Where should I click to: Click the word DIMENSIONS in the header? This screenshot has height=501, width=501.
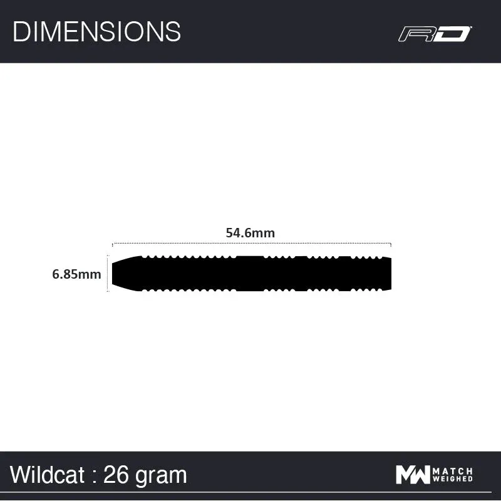click(96, 31)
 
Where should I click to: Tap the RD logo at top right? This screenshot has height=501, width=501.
click(435, 33)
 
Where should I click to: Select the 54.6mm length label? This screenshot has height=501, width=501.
click(250, 232)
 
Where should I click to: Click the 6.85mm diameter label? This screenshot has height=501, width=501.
click(76, 274)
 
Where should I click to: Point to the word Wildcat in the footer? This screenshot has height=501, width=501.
click(47, 475)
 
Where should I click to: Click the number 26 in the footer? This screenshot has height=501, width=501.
click(116, 475)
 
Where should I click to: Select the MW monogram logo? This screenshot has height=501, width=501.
click(413, 475)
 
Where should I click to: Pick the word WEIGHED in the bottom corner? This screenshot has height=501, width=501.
click(453, 480)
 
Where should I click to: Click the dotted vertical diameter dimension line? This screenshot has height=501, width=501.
click(108, 274)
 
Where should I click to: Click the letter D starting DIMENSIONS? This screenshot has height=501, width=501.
click(21, 31)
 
